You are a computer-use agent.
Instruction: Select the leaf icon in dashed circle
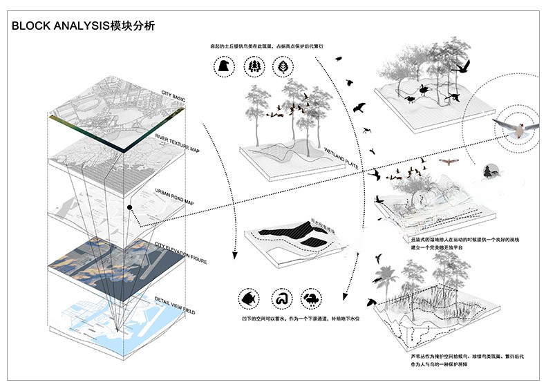[283, 67]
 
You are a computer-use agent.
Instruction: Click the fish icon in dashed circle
[247, 299]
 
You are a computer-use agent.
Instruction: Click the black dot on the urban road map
[129, 207]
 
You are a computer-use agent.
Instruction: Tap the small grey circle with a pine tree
[491, 171]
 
